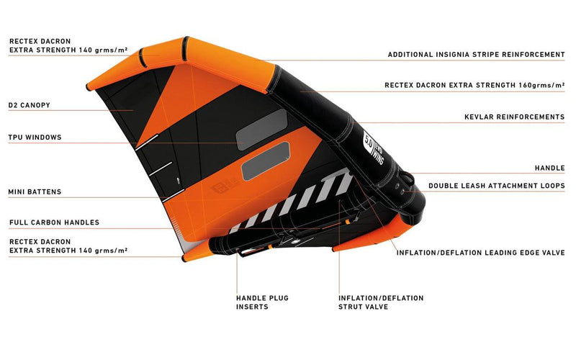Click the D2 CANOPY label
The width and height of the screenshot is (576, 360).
pyautogui.click(x=30, y=105)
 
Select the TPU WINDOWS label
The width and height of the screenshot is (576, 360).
pyautogui.click(x=35, y=137)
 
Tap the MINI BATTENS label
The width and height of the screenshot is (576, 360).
pyautogui.click(x=35, y=192)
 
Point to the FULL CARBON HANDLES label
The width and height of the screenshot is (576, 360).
pyautogui.click(x=54, y=222)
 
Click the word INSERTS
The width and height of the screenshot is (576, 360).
pyautogui.click(x=252, y=307)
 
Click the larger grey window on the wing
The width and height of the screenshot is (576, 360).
pyautogui.click(x=265, y=161)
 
